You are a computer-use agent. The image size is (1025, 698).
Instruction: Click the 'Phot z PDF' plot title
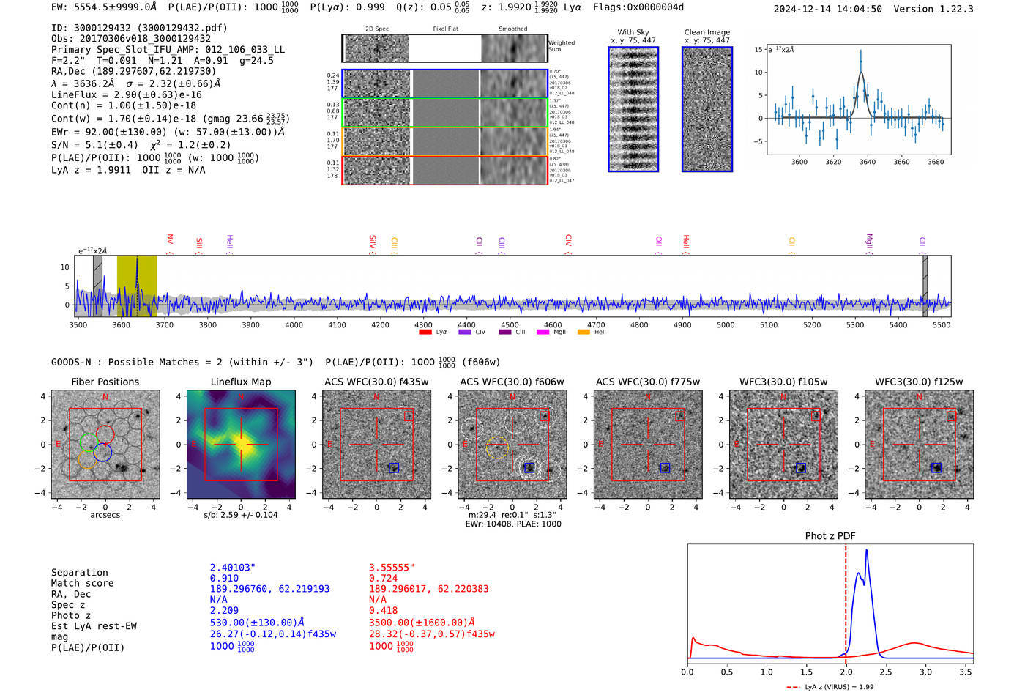click(830, 536)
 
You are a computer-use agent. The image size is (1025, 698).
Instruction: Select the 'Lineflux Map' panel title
click(241, 382)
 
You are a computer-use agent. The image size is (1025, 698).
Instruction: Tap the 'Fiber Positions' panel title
click(105, 382)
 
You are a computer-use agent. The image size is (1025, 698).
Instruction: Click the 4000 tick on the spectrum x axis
click(294, 325)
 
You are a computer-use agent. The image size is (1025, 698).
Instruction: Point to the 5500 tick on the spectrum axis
click(942, 325)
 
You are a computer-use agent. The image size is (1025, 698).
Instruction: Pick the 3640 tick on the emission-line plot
click(868, 162)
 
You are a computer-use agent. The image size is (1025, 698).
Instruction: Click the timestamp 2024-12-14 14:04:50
click(827, 9)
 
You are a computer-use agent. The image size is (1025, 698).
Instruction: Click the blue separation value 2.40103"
click(233, 568)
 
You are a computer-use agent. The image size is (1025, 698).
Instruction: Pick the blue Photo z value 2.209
click(224, 610)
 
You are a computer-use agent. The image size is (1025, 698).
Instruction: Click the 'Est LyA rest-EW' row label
click(94, 626)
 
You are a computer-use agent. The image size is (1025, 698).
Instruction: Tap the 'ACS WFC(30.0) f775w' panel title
click(647, 382)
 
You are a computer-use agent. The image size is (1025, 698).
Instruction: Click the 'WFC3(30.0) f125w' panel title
click(919, 382)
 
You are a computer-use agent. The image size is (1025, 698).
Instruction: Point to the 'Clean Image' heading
click(707, 32)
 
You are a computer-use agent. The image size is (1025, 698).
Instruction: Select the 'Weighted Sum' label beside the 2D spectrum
click(561, 46)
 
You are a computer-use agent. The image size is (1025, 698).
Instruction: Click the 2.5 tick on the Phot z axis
click(886, 672)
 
